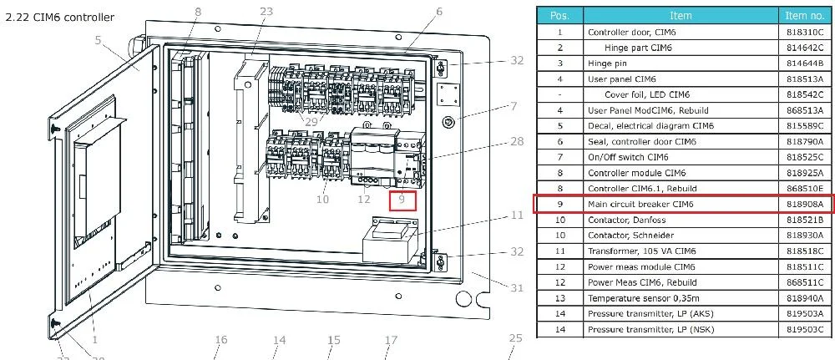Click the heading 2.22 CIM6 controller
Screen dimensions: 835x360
pos(59,18)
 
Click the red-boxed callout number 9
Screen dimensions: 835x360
pos(402,200)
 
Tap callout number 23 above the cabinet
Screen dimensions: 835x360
pos(266,11)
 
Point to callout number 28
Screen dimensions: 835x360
pos(517,142)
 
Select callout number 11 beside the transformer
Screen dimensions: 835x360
pos(517,215)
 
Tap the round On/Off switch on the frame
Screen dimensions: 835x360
pos(448,123)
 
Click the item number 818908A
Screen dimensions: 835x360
pos(804,204)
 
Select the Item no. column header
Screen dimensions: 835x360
pos(804,15)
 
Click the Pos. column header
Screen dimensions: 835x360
pos(559,15)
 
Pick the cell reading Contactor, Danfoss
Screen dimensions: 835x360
pos(627,220)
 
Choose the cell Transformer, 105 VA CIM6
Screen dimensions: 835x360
pos(641,251)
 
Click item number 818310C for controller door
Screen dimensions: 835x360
pos(804,32)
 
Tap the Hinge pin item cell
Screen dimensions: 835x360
pos(607,63)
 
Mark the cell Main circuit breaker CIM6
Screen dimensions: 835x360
pos(640,204)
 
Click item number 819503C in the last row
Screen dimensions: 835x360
pos(804,329)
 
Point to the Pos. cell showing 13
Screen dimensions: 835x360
pos(559,298)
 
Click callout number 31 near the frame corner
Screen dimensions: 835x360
pos(517,288)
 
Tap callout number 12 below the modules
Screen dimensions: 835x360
pos(364,200)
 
